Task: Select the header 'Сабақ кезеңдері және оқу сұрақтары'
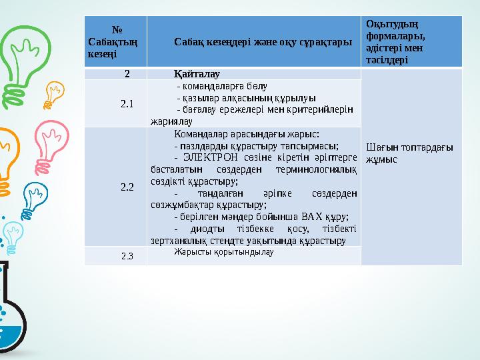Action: click(x=253, y=42)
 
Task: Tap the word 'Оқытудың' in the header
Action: click(x=386, y=24)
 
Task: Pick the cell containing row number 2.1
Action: click(x=127, y=103)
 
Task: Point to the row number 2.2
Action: click(x=127, y=187)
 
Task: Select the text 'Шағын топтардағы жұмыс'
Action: click(x=409, y=153)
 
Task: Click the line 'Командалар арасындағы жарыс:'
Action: click(x=245, y=133)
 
